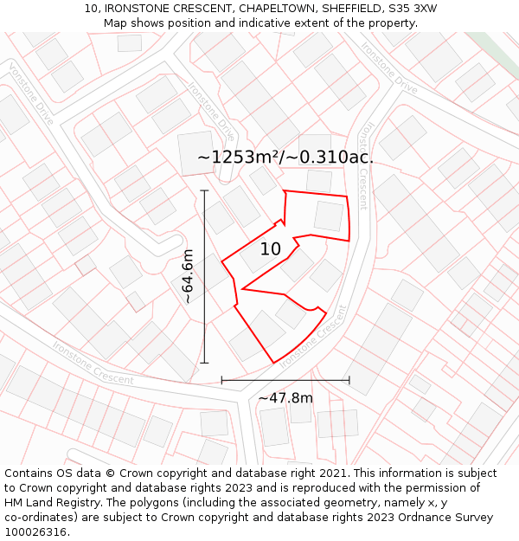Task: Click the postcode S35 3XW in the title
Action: pos(411,8)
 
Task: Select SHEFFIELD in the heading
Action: pos(347,8)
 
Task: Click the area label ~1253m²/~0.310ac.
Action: pos(285,157)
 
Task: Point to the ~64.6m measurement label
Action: pos(188,276)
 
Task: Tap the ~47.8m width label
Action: pos(285,398)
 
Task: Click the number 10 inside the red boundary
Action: pos(271,249)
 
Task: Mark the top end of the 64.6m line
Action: pos(205,190)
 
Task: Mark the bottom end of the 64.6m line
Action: pos(205,363)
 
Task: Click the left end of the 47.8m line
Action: pos(222,379)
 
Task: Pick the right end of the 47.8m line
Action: pos(349,379)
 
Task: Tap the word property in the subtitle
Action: pos(391,23)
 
